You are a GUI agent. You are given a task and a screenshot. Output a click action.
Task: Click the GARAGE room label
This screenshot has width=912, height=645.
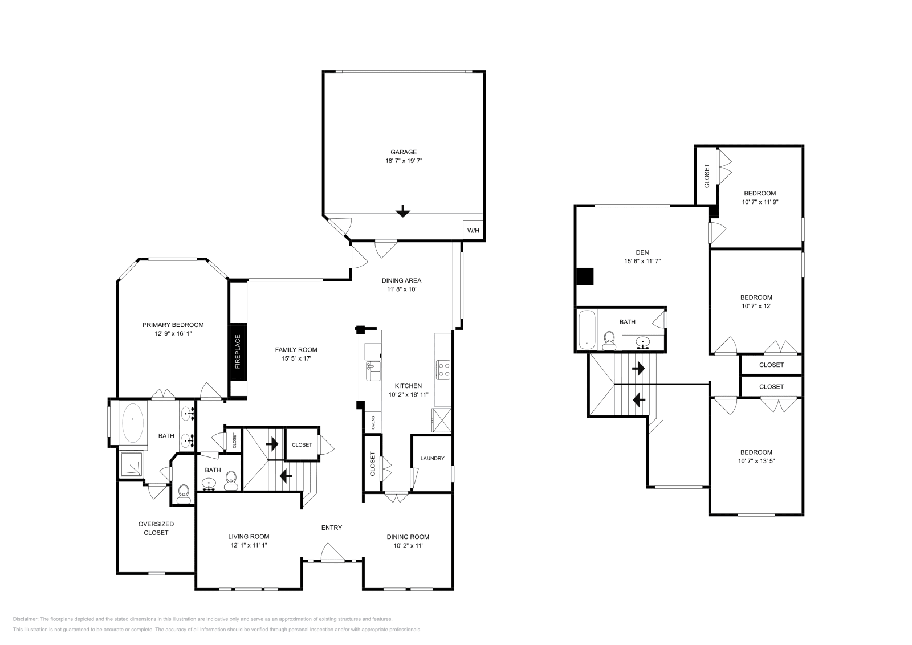pos(404,152)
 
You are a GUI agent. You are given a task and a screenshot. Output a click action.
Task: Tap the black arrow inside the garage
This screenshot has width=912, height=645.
pos(403,211)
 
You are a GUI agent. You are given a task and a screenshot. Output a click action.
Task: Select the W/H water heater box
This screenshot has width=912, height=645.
pos(473,231)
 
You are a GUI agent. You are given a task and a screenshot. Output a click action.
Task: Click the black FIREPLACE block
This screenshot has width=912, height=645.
pos(238,352)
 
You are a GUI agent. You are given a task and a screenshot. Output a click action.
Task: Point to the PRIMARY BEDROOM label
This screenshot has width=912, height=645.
pos(173,325)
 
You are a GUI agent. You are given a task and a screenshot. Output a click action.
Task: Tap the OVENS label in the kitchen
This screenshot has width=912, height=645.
pos(373,422)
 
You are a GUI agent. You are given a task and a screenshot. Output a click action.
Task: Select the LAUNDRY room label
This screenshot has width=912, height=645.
pos(432,459)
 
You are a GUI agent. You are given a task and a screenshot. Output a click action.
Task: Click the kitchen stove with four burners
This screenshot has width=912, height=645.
pos(443,369)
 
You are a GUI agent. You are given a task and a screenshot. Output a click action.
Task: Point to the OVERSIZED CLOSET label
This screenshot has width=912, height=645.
pos(156,528)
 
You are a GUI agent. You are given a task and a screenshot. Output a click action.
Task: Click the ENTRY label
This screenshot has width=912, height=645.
pos(332,528)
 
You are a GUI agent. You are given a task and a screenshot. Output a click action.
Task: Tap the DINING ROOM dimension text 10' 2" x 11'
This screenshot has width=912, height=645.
pos(408,545)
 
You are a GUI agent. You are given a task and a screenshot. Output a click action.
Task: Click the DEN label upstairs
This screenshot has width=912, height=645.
pos(642,252)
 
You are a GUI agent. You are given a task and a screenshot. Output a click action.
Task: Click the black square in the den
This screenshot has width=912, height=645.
pos(585,276)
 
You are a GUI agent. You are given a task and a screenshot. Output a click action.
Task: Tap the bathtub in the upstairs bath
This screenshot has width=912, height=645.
pos(587,329)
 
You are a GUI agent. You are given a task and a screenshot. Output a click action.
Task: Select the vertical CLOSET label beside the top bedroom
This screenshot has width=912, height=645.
pos(707,175)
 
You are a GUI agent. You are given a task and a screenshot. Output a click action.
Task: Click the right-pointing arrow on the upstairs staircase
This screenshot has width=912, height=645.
pos(638,369)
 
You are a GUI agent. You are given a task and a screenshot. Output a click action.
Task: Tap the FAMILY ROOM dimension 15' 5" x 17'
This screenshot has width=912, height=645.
pos(296,358)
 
